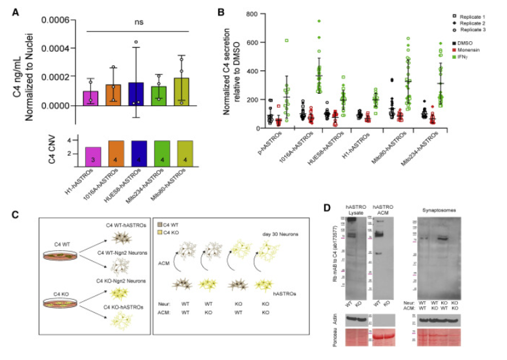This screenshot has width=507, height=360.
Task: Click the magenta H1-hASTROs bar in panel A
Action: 91,98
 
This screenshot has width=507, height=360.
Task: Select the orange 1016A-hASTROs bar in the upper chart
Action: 114,94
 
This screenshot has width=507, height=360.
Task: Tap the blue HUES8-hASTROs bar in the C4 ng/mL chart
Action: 136,94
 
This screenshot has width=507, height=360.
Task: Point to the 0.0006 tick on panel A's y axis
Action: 54,20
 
